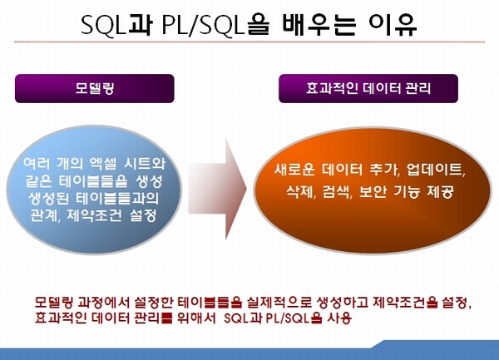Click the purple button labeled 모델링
(x=95, y=88)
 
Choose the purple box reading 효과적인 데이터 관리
(x=368, y=88)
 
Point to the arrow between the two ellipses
(x=217, y=189)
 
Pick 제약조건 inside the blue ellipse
(x=95, y=215)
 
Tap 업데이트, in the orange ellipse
(x=436, y=169)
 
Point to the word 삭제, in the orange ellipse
(x=301, y=191)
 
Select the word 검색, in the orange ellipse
(x=338, y=191)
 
